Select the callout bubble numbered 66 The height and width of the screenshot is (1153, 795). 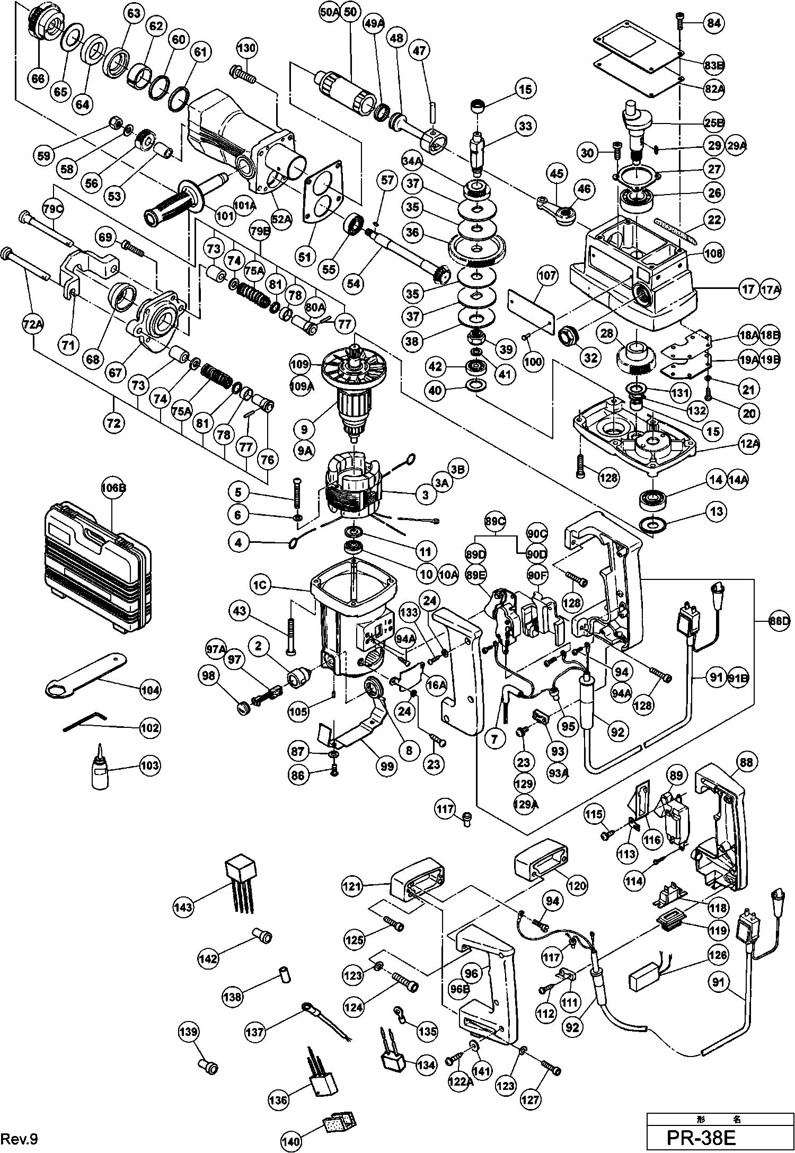pos(38,79)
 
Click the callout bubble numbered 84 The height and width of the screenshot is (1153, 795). pos(714,23)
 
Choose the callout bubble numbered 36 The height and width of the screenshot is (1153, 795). pos(414,232)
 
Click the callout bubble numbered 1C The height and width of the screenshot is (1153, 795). pos(262,586)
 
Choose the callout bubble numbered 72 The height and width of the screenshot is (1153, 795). pos(114,423)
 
